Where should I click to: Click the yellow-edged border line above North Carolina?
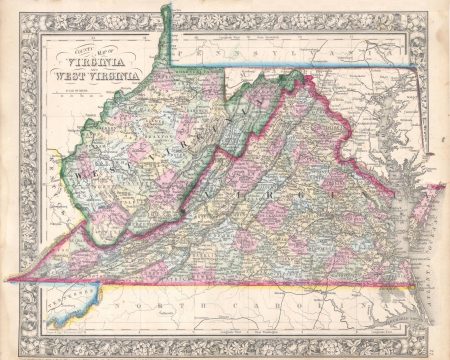[250, 287]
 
